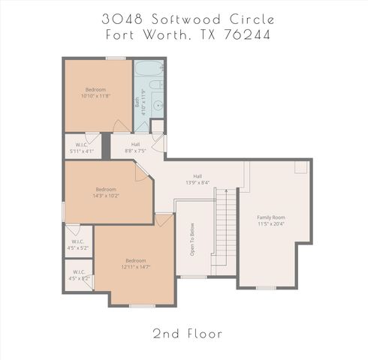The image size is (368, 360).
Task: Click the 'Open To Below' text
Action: [x=192, y=238]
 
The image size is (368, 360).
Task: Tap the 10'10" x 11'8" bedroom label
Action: [x=95, y=92]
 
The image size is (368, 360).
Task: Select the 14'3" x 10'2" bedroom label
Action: [x=106, y=192]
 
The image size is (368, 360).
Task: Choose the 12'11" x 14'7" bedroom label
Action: [x=135, y=263]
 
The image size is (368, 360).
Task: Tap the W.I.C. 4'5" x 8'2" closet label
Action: [x=79, y=275]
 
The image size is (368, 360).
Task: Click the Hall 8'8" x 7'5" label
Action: [x=135, y=148]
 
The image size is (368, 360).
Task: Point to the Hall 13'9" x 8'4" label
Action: [x=198, y=179]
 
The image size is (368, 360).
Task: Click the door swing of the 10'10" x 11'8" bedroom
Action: [x=120, y=125]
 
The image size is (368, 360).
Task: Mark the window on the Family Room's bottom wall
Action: [x=266, y=287]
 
